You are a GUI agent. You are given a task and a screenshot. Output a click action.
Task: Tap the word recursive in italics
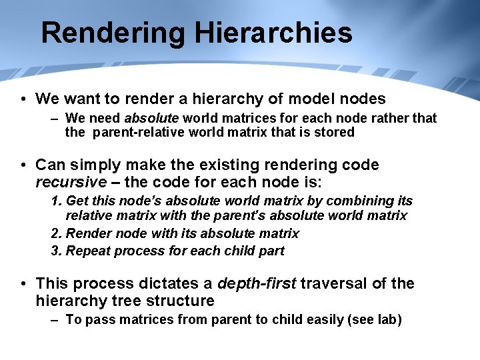pyautogui.click(x=71, y=182)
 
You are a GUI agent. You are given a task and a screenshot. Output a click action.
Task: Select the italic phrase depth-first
pyautogui.click(x=257, y=283)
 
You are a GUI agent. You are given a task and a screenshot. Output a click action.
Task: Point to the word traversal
pyautogui.click(x=334, y=283)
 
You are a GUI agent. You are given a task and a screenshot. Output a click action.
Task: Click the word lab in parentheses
pyautogui.click(x=386, y=319)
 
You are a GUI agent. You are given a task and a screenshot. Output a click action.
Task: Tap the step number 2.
pyautogui.click(x=55, y=233)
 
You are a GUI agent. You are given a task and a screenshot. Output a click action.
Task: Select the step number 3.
pyautogui.click(x=55, y=251)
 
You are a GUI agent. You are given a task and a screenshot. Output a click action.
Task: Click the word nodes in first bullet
pyautogui.click(x=361, y=99)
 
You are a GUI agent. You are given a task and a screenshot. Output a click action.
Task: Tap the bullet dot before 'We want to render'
pyautogui.click(x=23, y=99)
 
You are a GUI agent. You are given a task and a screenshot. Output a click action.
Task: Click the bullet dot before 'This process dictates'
pyautogui.click(x=23, y=283)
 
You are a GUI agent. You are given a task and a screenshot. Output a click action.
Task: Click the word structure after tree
pyautogui.click(x=182, y=301)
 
